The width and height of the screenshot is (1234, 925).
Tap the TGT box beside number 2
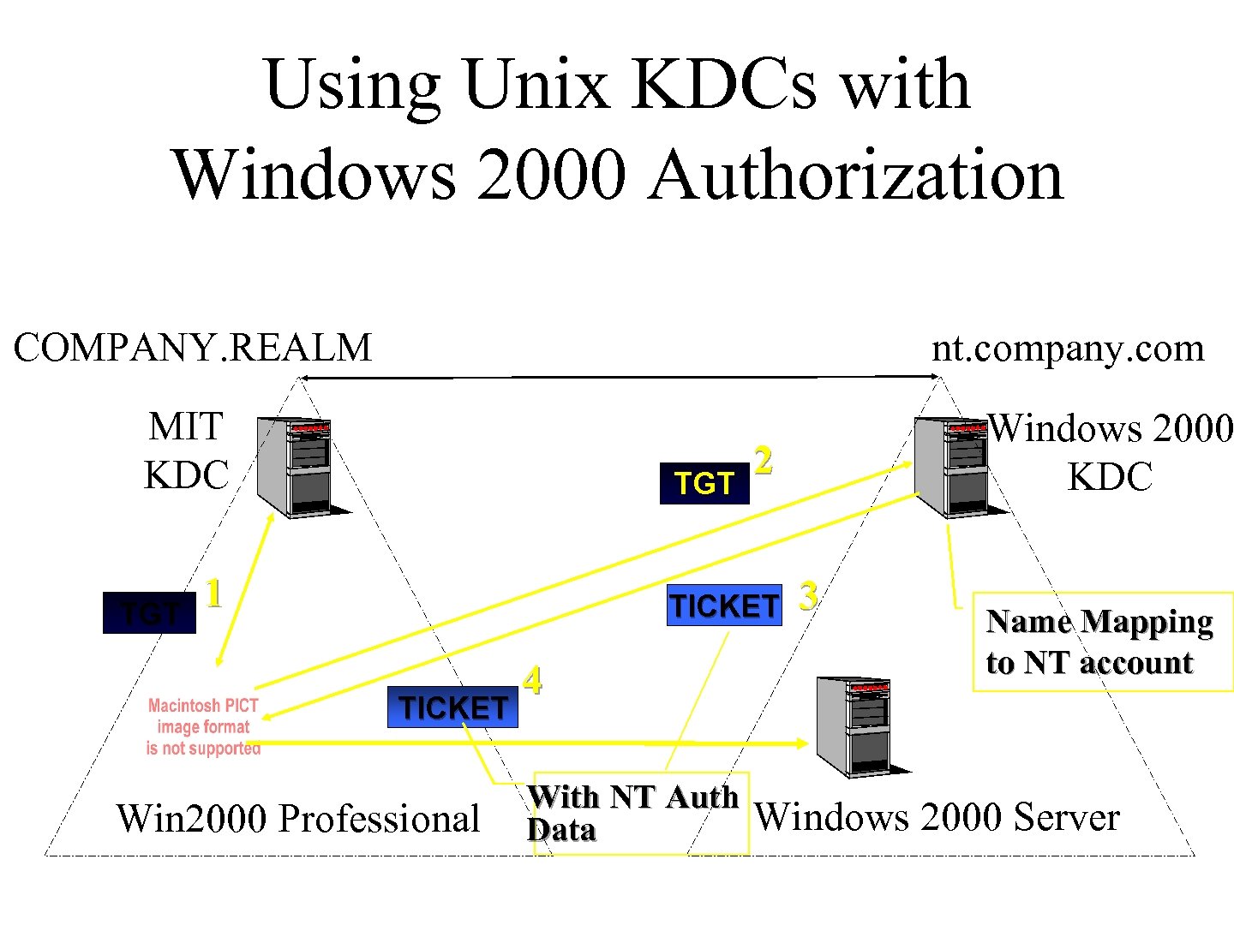[704, 483]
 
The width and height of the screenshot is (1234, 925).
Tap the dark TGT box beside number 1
[149, 613]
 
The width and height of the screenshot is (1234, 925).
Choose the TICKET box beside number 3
[724, 606]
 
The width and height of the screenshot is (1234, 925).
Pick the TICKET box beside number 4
[452, 707]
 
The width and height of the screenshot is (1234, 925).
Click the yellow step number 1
[214, 593]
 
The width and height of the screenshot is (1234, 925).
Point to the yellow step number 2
[764, 460]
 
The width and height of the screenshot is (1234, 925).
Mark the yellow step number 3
[807, 595]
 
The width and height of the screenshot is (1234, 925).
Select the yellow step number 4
[533, 680]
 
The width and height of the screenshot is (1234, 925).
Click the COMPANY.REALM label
[193, 348]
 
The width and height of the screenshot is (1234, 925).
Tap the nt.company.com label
[1068, 348]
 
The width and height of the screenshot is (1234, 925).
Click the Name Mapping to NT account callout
[1100, 642]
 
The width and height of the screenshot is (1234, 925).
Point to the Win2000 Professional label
[297, 819]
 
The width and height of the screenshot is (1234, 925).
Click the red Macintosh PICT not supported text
[203, 727]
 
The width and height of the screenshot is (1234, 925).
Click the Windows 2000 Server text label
[937, 817]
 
